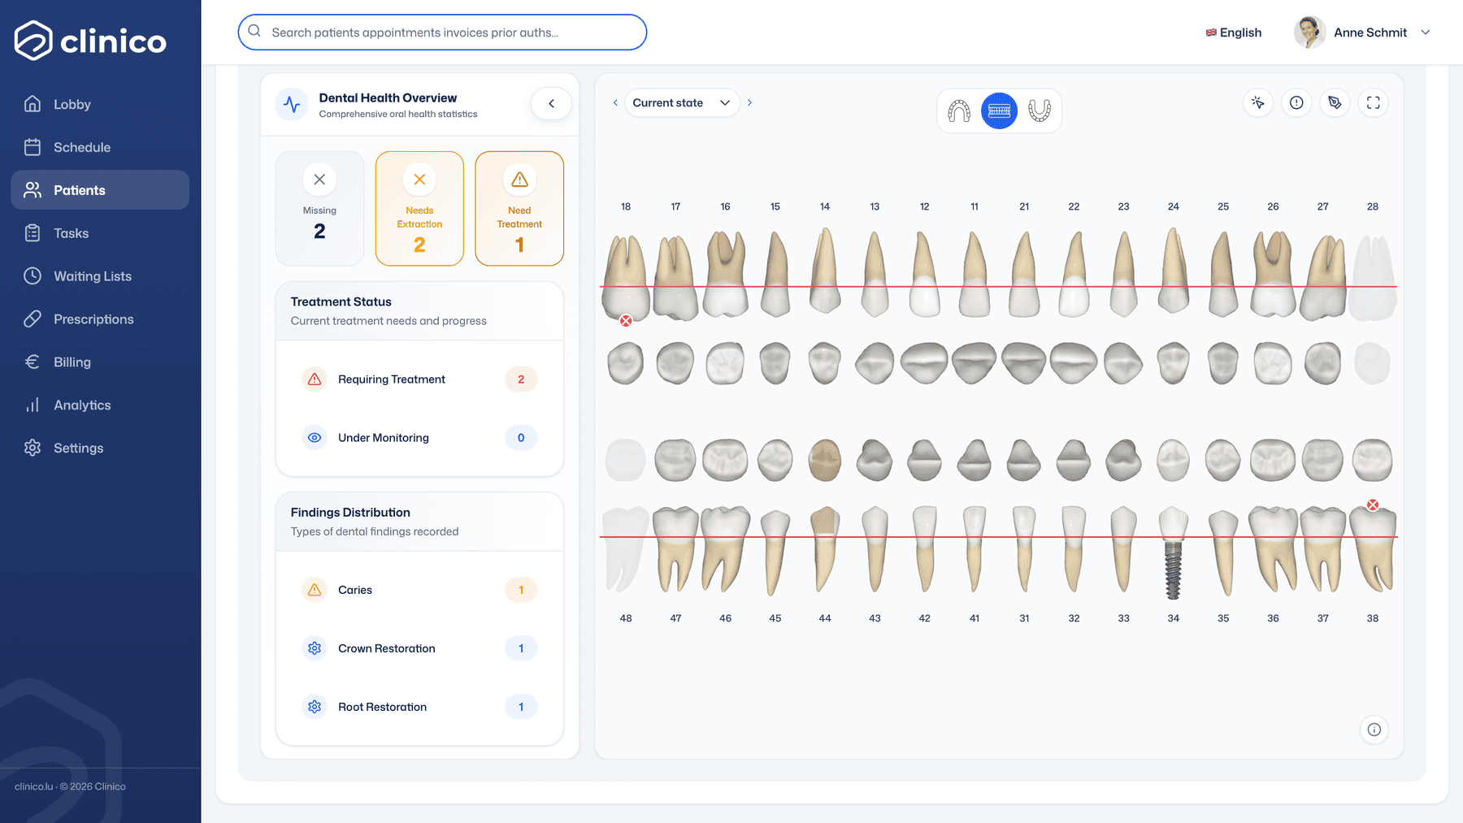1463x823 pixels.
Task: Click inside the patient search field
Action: [442, 32]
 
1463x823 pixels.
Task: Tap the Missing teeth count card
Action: [319, 209]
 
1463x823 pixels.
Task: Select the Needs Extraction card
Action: [419, 209]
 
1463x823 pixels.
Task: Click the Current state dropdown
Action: [682, 103]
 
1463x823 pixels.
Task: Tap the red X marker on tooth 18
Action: [626, 321]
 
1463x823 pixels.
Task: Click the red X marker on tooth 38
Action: [1373, 505]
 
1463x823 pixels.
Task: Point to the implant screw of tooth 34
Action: [1173, 570]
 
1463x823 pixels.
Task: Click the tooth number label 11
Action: [975, 206]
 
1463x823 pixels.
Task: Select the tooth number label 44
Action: [825, 618]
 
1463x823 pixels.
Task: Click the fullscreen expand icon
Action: [1374, 103]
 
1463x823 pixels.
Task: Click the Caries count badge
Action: [521, 590]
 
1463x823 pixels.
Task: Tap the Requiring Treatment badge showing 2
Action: [521, 379]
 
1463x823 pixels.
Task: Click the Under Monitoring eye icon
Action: [315, 438]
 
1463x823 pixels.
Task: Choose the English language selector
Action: [1234, 32]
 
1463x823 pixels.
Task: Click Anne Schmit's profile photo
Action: [1310, 32]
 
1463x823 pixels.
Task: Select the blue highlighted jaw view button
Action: [1000, 110]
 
